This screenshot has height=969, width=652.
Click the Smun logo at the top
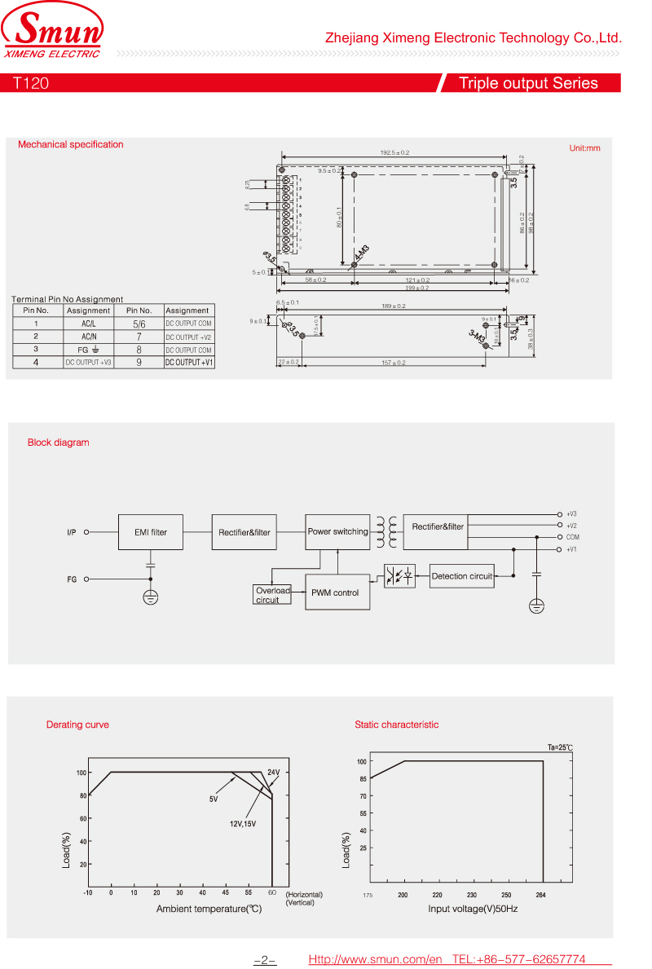[x=54, y=33]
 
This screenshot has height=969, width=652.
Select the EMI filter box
[x=151, y=532]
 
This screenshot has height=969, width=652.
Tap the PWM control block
[x=335, y=592]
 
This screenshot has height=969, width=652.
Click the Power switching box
[x=337, y=531]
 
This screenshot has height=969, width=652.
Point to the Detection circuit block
[x=462, y=576]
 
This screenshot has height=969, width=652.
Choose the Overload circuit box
[x=272, y=595]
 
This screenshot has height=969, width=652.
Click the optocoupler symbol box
[x=399, y=576]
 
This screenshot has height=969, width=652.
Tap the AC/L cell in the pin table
[x=88, y=324]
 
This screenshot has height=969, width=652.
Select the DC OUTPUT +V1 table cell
[x=189, y=362]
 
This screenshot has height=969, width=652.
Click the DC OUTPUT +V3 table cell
[x=88, y=362]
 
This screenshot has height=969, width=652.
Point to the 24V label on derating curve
[x=274, y=772]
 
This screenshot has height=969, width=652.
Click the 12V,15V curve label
[x=243, y=824]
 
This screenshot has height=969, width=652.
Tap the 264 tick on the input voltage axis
[x=540, y=895]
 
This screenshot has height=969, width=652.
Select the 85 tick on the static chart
[x=362, y=779]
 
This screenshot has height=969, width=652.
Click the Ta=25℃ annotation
[x=560, y=747]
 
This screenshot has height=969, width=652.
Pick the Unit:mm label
[x=584, y=148]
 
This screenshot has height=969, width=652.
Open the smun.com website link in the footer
[x=375, y=959]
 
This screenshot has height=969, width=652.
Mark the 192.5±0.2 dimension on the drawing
[x=394, y=152]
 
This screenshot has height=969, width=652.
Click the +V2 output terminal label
[x=571, y=526]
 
